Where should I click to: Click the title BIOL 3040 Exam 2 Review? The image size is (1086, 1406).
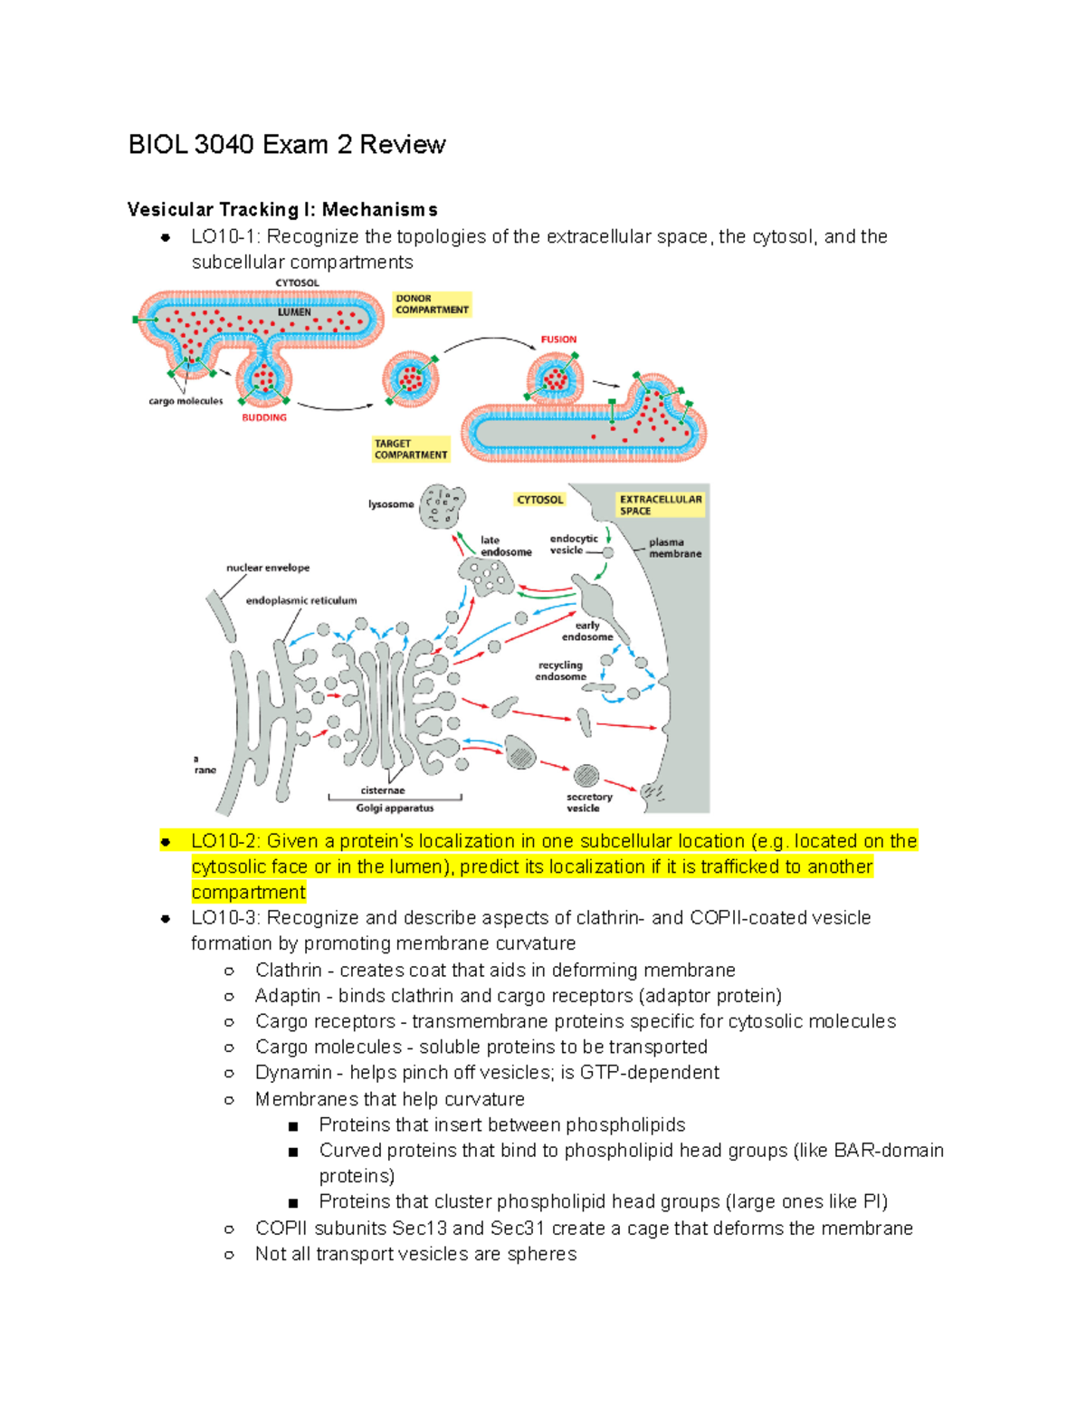point(286,145)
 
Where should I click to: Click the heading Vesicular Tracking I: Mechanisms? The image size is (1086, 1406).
point(282,210)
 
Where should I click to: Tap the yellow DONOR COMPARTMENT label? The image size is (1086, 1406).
point(432,304)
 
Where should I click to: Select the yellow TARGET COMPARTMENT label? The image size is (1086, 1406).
point(410,449)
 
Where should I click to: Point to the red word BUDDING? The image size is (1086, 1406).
point(263,417)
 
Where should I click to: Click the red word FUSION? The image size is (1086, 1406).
point(558,340)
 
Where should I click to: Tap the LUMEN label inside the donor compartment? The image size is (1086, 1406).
point(294,312)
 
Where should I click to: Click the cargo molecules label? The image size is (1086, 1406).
point(186,401)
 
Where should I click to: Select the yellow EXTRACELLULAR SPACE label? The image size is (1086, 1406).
point(660,504)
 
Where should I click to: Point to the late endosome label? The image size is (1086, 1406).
point(505,546)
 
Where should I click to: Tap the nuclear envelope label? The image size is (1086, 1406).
point(268,568)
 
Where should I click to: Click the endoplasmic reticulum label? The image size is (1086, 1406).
point(301,600)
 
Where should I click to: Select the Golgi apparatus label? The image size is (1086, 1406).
point(395,808)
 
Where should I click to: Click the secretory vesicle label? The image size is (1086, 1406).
point(589,802)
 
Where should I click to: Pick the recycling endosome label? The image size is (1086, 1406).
point(560,671)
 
